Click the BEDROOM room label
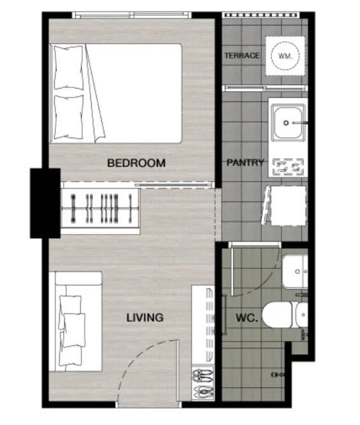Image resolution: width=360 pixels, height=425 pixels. pos(136,163)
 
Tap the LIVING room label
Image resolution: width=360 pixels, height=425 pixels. pos(145,317)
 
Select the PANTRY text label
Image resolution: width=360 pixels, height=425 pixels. pos(245,162)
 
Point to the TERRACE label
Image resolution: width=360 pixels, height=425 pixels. pos(242,55)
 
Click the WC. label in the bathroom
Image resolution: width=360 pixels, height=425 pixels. pos(247,318)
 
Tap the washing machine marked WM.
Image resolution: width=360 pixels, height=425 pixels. pos(285,56)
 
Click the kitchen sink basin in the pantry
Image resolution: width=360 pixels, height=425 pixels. pos(288,123)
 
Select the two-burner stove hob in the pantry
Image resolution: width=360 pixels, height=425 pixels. pos(288,166)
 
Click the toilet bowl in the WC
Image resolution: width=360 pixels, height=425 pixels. pos(285,315)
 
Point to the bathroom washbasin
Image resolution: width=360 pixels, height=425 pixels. pos(295,271)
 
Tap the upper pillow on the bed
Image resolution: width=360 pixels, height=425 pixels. pos(68,67)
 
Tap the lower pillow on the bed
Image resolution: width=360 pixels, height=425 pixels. pos(68,117)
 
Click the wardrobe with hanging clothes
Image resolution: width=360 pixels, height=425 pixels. pos(100,208)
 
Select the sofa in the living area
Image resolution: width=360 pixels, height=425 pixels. pos(76,322)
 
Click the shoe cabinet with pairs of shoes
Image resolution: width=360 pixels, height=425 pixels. pos(203,384)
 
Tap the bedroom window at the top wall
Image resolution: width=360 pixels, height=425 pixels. pos(131,15)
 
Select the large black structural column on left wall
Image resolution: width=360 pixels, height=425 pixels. pos(45,203)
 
